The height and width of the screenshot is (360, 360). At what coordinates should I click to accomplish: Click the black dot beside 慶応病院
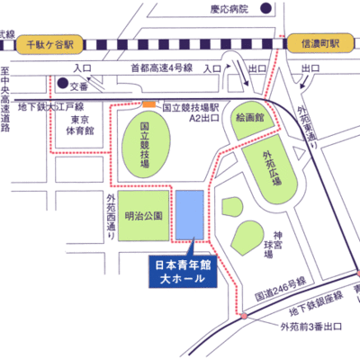click(267, 9)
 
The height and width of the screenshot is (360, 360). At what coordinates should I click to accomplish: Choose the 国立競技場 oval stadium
click(144, 148)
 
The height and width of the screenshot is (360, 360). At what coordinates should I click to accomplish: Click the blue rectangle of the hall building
click(189, 215)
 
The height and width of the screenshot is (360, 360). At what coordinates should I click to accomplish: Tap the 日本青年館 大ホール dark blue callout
click(181, 274)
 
